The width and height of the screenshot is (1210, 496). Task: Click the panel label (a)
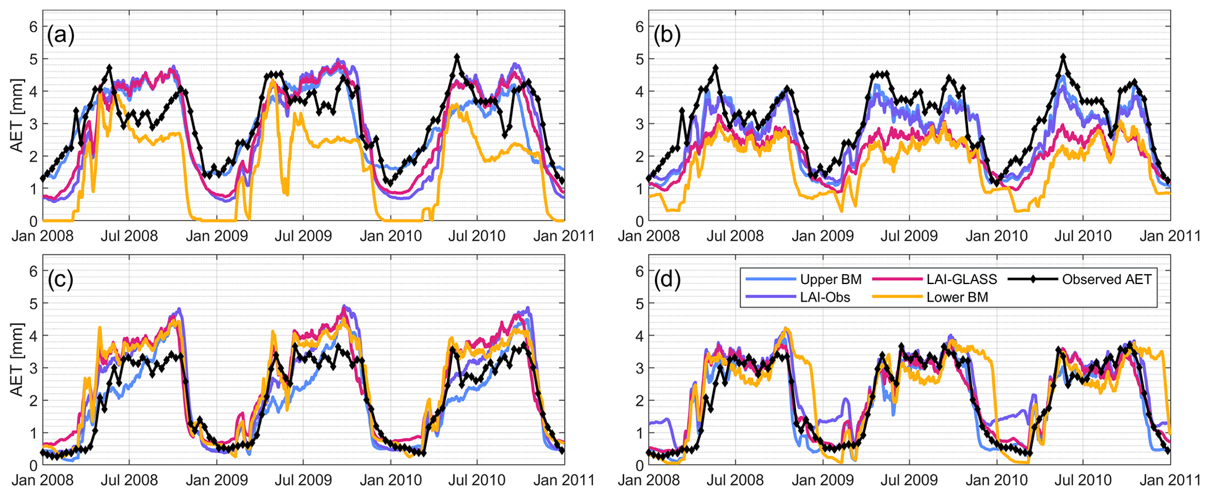[61, 36]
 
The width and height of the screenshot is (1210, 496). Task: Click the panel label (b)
[667, 36]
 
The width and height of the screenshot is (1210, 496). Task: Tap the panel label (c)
[60, 281]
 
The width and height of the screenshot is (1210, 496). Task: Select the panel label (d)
[667, 281]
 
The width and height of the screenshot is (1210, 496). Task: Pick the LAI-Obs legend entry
[825, 297]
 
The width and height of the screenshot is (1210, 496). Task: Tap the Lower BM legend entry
[957, 297]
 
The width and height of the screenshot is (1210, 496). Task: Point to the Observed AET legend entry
[1106, 279]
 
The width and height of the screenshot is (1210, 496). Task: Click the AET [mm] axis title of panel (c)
[18, 360]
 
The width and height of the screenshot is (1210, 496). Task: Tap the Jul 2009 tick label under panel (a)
[303, 236]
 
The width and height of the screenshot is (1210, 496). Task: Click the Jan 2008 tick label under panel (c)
[43, 480]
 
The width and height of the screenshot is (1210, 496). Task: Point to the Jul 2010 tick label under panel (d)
[1082, 480]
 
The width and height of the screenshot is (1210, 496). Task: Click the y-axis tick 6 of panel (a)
[33, 26]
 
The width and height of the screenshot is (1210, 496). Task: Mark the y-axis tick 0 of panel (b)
[639, 221]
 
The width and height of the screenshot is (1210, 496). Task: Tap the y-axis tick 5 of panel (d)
[639, 303]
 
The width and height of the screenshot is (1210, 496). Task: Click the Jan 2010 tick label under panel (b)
[996, 236]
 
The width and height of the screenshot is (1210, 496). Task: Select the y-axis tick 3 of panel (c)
[33, 368]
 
